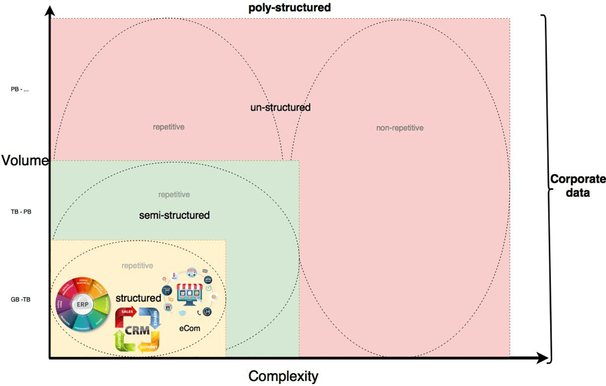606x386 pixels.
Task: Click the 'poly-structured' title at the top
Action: click(289, 8)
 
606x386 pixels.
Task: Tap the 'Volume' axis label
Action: click(25, 160)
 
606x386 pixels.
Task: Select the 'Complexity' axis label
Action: click(283, 376)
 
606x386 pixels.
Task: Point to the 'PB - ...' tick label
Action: click(20, 89)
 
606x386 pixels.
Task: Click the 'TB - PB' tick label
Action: click(21, 212)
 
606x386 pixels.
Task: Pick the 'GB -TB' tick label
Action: click(21, 300)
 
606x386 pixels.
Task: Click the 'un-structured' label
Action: click(280, 107)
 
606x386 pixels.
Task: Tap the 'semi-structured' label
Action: click(174, 215)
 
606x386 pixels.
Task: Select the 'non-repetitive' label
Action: click(400, 128)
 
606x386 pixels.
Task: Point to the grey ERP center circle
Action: click(81, 304)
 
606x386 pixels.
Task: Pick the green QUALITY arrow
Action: click(120, 338)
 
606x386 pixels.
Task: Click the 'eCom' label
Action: click(190, 327)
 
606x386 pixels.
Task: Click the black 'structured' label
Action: click(138, 298)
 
